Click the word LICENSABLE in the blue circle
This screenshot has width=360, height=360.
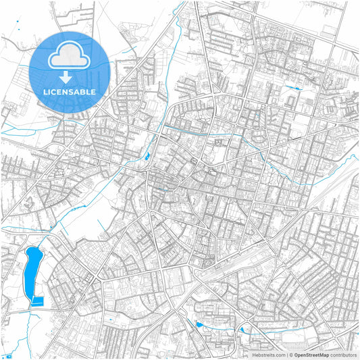(x=69, y=91)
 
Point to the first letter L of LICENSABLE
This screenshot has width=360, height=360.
(x=44, y=91)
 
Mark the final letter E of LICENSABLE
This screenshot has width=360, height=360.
(x=93, y=91)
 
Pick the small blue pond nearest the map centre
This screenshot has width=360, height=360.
(x=147, y=157)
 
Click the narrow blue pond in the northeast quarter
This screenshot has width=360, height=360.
(x=293, y=88)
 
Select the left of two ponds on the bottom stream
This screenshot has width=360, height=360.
(x=199, y=325)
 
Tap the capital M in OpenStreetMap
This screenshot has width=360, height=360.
(x=322, y=354)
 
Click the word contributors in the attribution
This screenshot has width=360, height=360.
(x=343, y=354)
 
